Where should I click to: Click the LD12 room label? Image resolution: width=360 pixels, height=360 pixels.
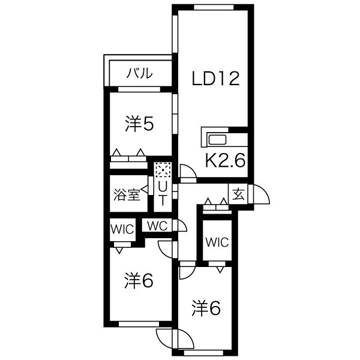215,79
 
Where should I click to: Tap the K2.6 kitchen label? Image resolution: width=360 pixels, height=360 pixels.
225,160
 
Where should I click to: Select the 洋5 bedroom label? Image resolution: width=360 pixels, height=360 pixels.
139,124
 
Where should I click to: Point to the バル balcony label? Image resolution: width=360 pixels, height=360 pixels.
140,73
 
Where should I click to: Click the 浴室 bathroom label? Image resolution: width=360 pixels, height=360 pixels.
127,196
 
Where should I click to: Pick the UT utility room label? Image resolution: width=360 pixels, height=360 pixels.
163,194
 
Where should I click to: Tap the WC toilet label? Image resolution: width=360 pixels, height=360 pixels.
157,226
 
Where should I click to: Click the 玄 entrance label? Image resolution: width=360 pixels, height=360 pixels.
238,194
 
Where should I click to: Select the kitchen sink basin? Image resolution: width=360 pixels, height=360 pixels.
217,140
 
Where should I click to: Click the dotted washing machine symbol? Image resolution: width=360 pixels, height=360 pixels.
163,170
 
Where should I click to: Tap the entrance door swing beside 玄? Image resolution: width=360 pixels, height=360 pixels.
261,194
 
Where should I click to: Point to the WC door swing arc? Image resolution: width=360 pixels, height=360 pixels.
182,226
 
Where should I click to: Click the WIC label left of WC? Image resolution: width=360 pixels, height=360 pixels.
122,229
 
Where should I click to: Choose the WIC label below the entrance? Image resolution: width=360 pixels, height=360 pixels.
217,242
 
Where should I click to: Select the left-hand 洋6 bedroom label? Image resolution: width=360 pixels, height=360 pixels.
139,281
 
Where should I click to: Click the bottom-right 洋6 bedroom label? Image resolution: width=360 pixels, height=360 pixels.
206,308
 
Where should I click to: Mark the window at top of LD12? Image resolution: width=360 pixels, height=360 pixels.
214,7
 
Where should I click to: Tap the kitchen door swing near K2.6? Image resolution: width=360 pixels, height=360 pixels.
188,172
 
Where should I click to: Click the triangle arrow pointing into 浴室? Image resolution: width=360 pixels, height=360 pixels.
145,190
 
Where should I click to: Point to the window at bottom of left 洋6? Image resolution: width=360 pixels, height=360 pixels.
139,324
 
